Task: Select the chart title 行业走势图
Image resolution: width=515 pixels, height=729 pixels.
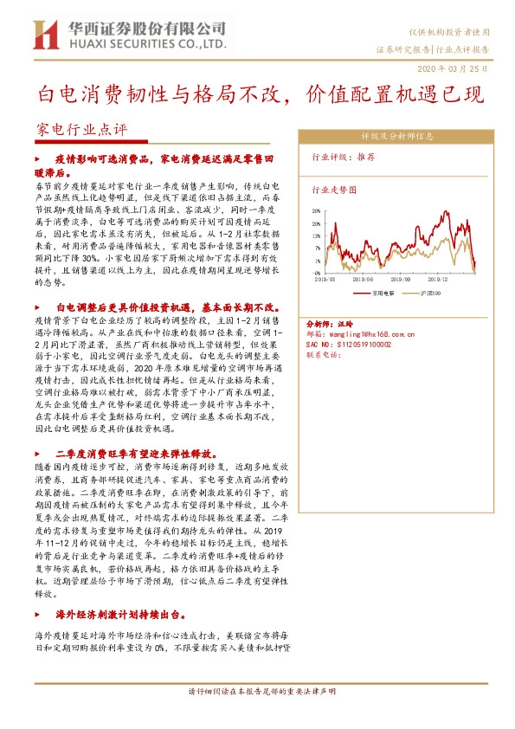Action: point(334,188)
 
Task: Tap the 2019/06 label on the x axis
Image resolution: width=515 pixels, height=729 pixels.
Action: point(363,280)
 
